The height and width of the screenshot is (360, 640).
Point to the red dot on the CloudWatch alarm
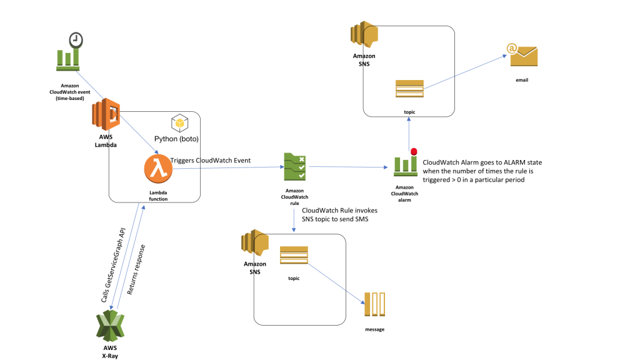pos(413,151)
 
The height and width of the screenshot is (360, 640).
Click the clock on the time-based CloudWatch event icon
pos(76,40)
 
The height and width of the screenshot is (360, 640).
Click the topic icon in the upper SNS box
pos(409,89)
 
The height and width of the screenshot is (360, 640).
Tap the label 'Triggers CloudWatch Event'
pos(211,161)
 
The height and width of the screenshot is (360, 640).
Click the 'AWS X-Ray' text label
pos(110,351)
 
